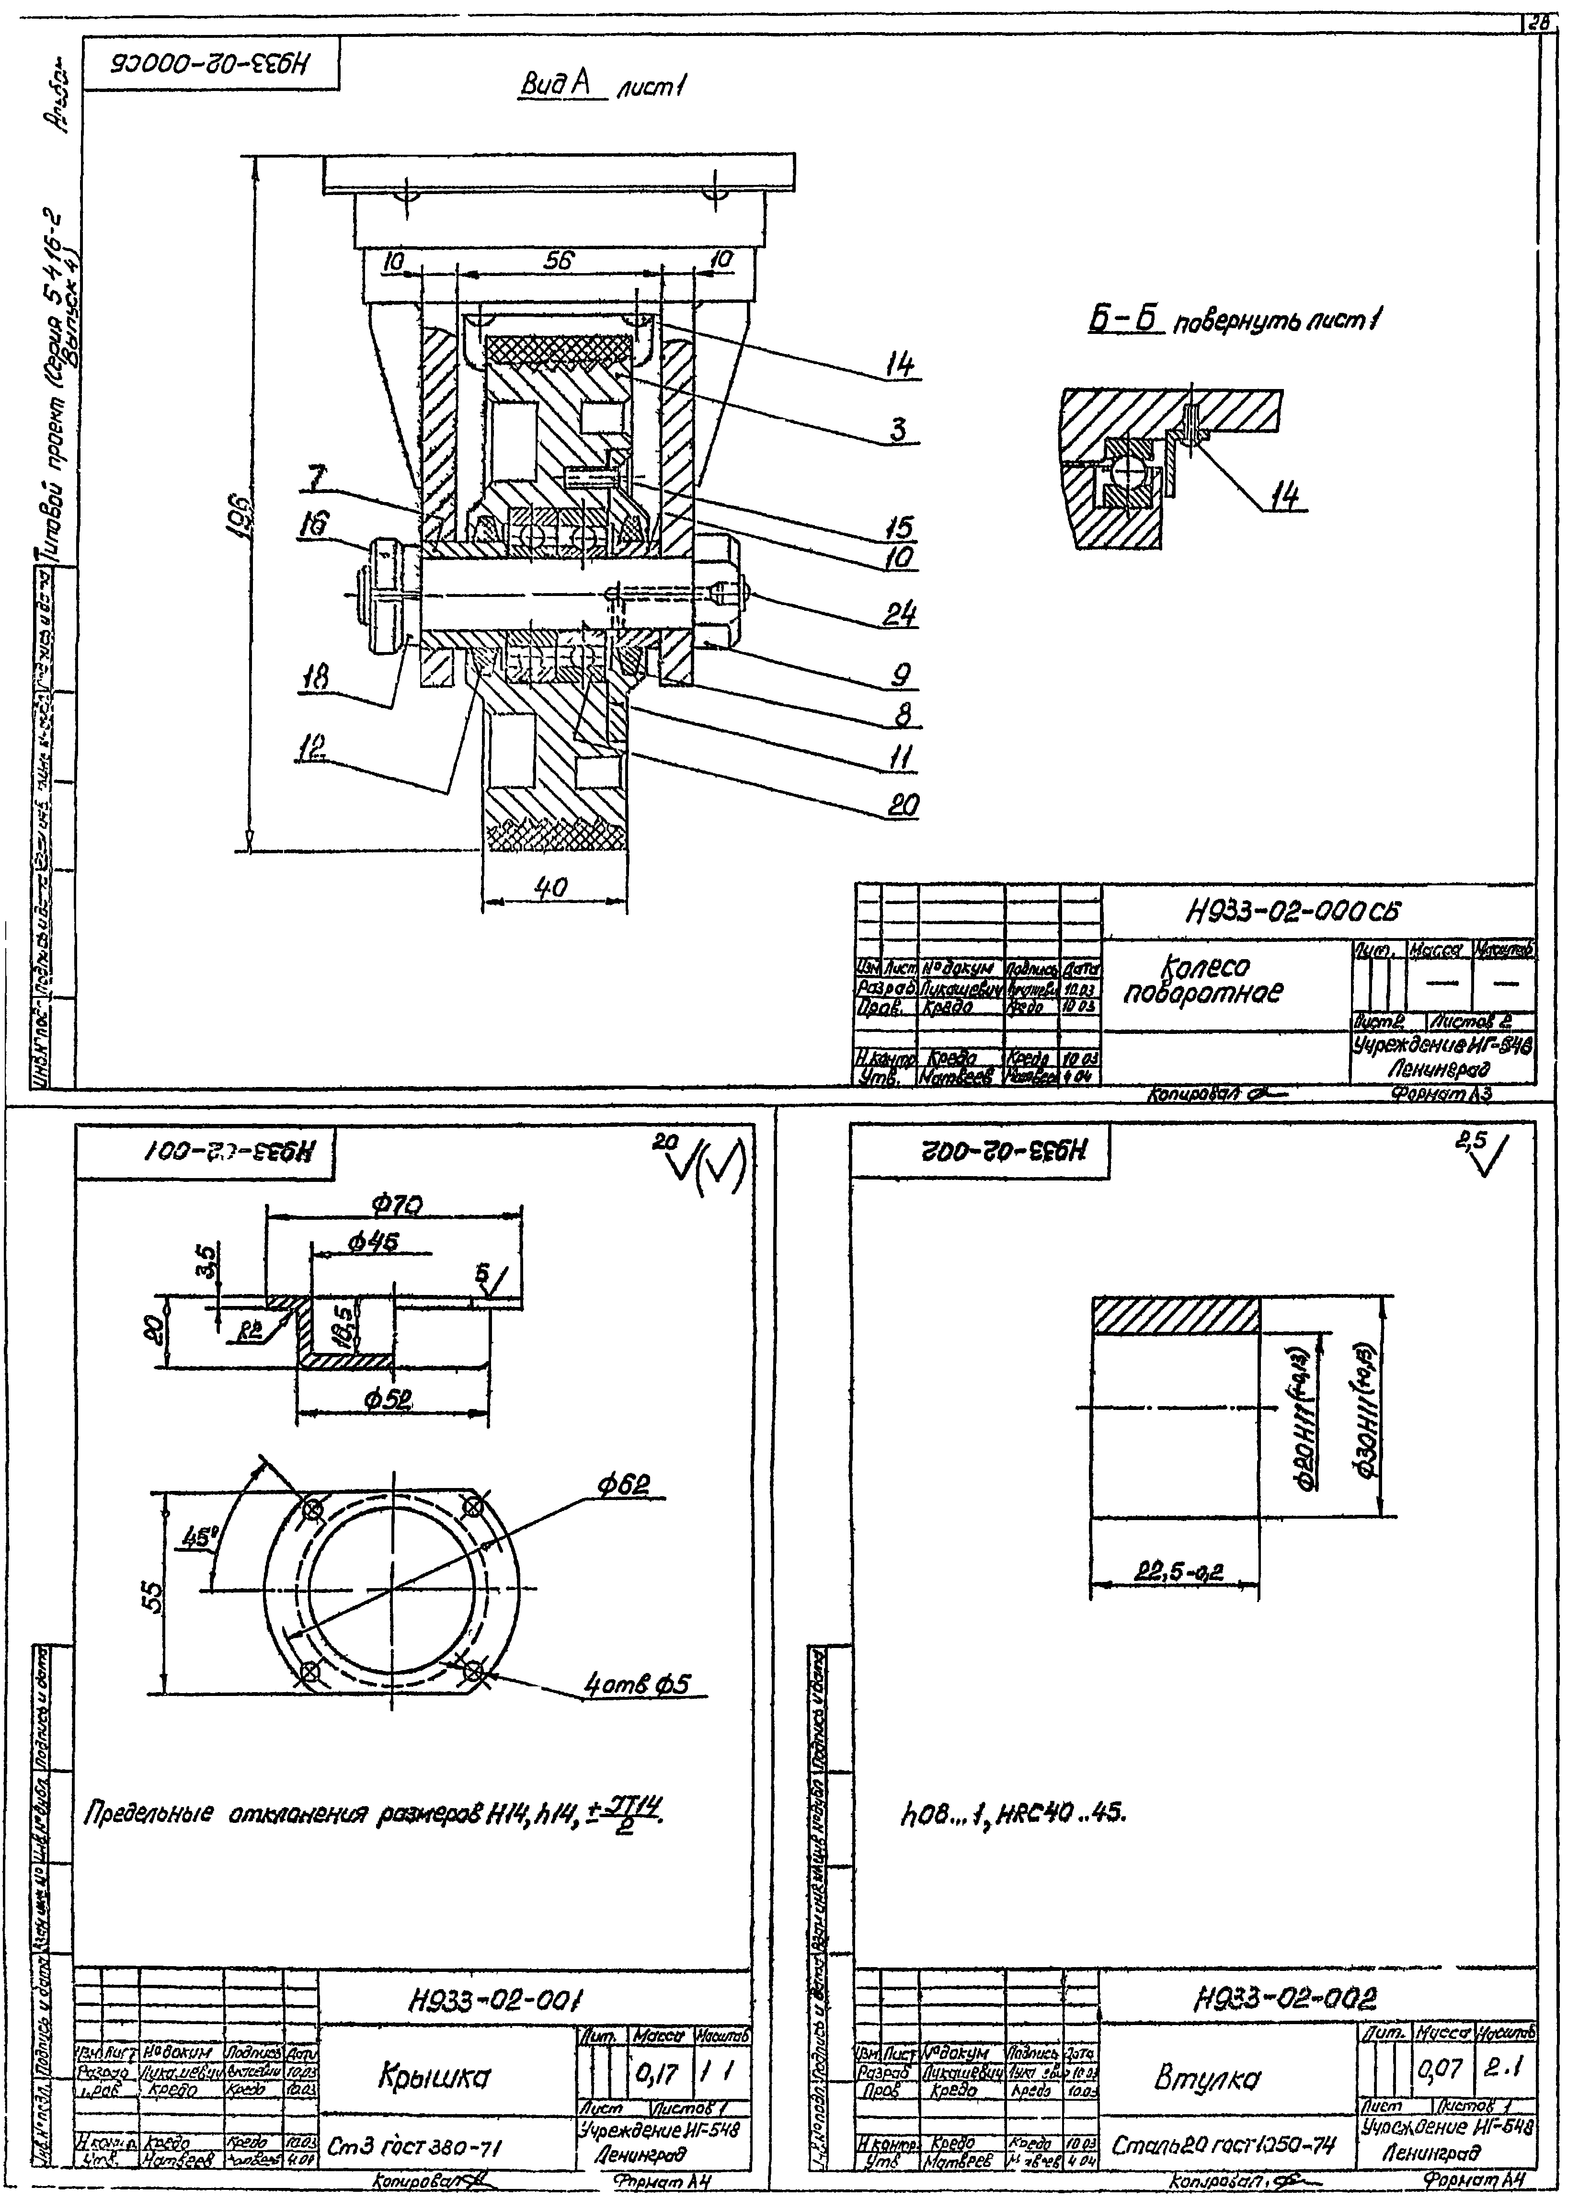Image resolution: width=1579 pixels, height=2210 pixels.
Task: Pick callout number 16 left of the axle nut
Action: point(314,526)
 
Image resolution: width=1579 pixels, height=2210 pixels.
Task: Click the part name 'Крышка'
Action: point(434,2078)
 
